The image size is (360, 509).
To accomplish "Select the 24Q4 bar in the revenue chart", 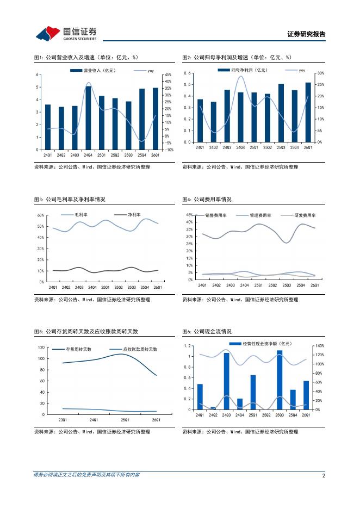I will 88,117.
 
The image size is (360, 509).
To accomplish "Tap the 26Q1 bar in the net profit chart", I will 308,112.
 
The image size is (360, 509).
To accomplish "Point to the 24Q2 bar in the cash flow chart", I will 213,408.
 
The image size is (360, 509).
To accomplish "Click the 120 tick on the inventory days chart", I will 41,347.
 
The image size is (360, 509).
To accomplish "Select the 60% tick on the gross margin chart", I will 40,215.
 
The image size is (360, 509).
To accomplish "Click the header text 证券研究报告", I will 306,34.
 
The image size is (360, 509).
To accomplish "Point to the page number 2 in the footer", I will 324,476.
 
